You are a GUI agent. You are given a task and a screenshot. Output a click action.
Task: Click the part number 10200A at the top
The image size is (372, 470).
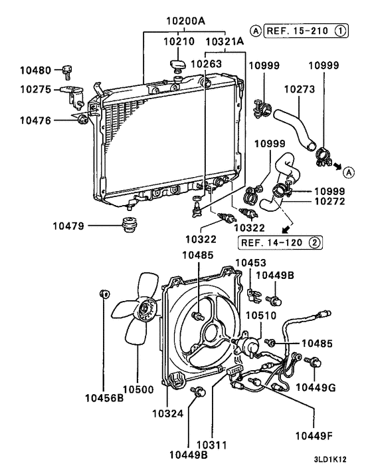185,20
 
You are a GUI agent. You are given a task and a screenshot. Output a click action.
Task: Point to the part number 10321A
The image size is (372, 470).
224,41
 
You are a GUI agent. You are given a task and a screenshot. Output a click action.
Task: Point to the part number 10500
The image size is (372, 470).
137,389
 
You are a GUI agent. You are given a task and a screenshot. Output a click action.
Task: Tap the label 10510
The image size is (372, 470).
260,314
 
